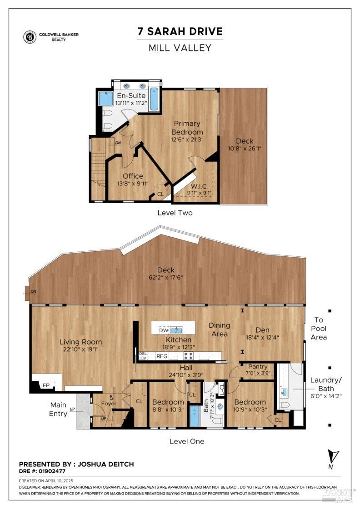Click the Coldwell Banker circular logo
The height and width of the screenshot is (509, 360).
click(30, 37)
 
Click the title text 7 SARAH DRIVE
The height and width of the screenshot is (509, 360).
click(180, 31)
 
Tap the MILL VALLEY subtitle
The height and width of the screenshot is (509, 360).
click(180, 48)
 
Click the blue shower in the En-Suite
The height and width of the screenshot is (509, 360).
click(106, 99)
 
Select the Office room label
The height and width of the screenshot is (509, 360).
click(133, 176)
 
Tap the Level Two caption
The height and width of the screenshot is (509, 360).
click(175, 213)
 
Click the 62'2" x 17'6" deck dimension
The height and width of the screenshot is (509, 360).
click(166, 277)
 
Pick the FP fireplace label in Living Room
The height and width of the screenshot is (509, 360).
click(46, 384)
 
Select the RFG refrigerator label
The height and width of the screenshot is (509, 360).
click(162, 356)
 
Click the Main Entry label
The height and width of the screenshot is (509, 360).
click(58, 409)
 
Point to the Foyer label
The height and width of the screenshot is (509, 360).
click(109, 404)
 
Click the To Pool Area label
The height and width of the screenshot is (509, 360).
click(319, 329)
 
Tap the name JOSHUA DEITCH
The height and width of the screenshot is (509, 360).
click(105, 464)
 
